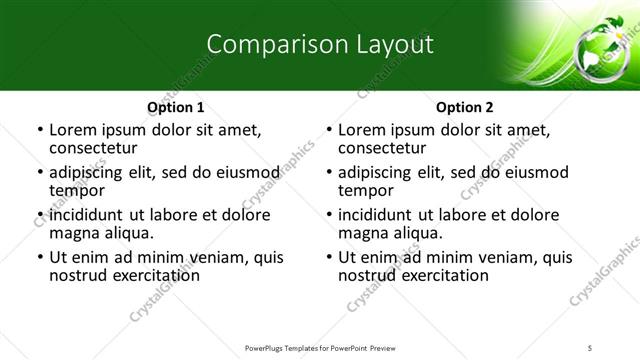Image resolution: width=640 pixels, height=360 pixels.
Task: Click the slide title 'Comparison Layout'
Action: click(320, 44)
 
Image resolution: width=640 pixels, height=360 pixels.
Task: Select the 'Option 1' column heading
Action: click(176, 107)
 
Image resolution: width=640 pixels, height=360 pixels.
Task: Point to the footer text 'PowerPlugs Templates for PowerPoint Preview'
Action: click(320, 347)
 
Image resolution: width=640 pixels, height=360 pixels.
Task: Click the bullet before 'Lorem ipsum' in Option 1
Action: click(39, 130)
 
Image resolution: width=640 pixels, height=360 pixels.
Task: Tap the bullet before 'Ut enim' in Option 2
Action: click(328, 257)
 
